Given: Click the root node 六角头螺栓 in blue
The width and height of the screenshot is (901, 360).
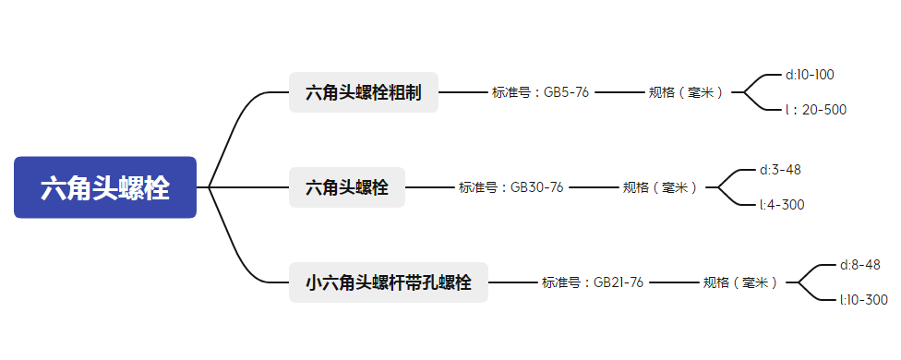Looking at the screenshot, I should (105, 187).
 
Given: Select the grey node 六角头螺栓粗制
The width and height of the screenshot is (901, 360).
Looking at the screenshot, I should (363, 92).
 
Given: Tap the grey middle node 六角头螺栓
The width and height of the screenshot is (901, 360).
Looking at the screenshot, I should (347, 187).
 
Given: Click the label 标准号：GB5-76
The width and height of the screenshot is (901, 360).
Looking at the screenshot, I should (540, 92).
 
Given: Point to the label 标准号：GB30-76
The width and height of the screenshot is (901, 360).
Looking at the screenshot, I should (511, 187).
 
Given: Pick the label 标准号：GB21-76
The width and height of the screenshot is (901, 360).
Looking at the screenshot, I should (593, 282).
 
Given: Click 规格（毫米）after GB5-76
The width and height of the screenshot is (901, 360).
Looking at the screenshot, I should (686, 92).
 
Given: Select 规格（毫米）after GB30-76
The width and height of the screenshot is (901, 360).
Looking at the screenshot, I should (660, 187).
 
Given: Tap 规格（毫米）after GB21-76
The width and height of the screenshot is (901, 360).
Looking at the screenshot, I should (740, 282).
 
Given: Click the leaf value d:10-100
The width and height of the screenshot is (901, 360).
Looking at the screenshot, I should (811, 75).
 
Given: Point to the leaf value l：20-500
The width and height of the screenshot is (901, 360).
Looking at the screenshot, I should (816, 110).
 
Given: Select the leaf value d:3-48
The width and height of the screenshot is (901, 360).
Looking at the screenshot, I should (780, 170).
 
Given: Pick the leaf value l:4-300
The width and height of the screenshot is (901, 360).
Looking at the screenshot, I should (782, 205).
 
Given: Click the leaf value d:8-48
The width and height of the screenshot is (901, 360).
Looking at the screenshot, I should (859, 265).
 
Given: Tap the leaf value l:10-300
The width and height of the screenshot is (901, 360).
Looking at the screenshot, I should (863, 300).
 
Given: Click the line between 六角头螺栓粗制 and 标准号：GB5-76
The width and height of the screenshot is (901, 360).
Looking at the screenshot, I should (463, 92).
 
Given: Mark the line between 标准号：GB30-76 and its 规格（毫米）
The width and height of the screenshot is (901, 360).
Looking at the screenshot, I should (595, 187).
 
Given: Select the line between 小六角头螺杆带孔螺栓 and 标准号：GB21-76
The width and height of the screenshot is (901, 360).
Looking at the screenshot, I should (513, 282).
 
